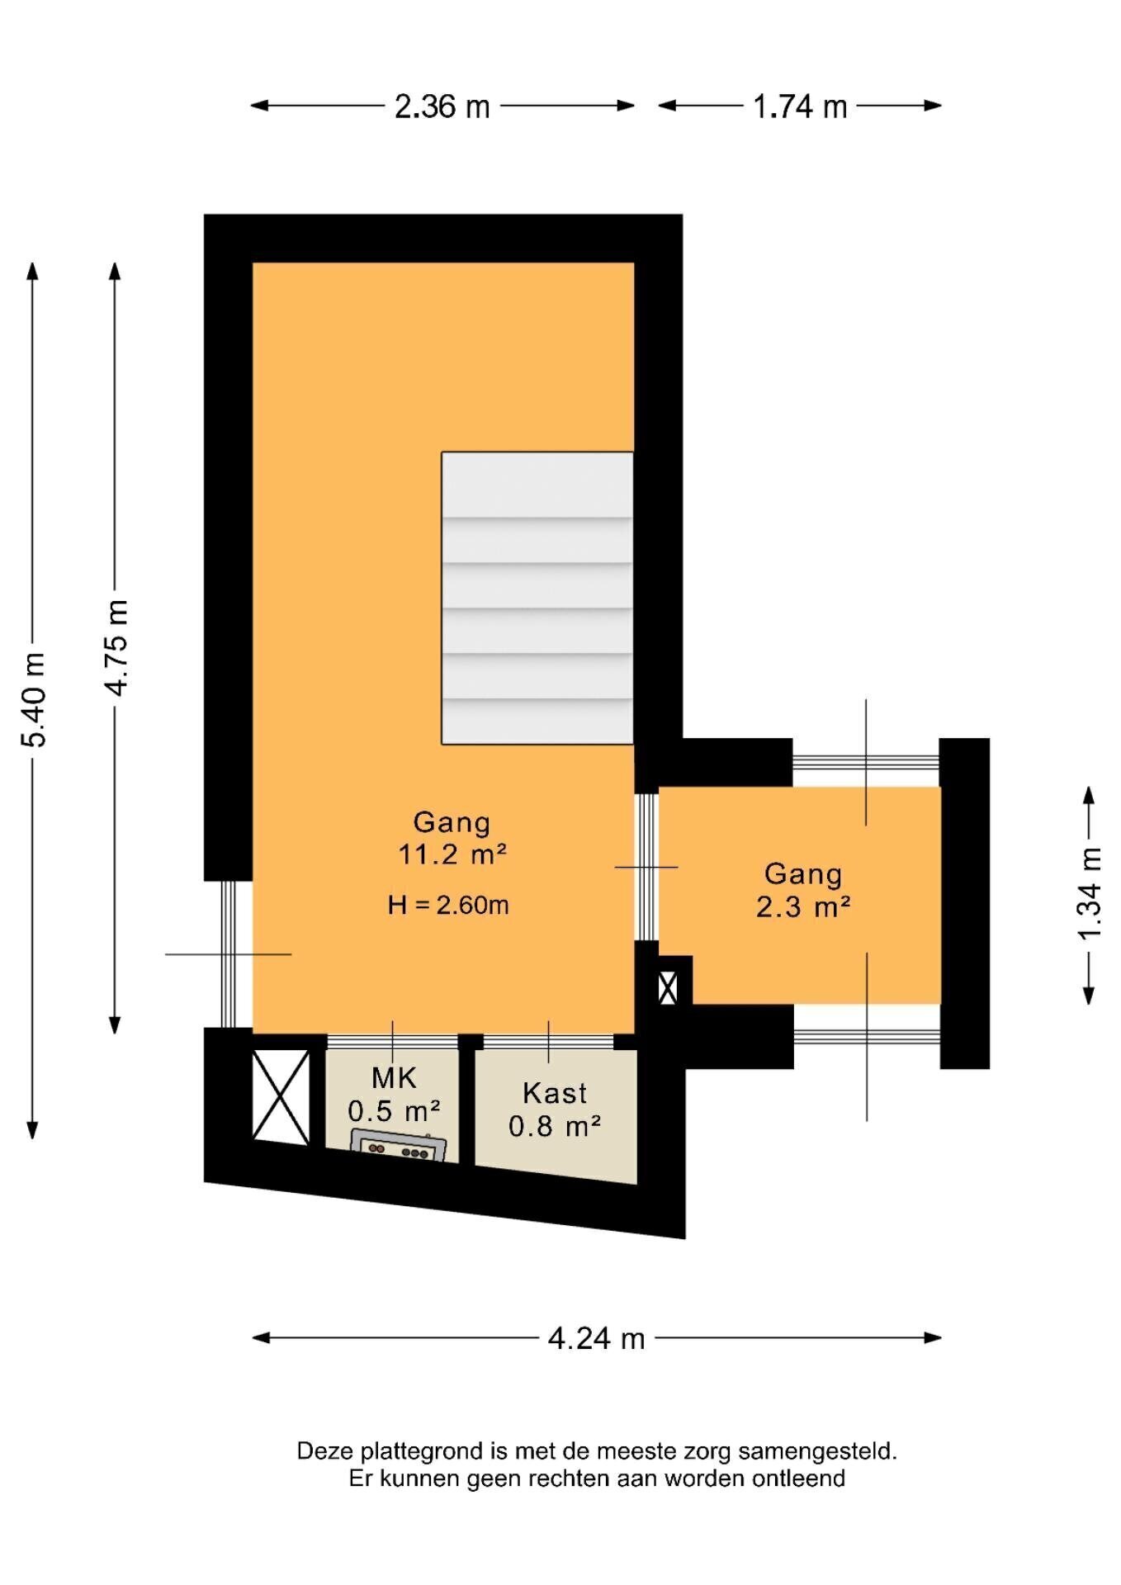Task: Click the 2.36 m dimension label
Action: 442,106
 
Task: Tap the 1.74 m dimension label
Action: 800,106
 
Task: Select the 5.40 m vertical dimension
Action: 33,700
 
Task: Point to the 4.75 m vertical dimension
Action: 116,648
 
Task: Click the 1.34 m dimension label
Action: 1090,894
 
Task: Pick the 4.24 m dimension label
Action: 596,1338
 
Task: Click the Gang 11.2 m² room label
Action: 452,838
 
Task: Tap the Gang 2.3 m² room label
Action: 803,890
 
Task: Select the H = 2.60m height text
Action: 448,906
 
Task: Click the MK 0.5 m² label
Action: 394,1095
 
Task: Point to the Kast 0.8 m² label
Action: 555,1109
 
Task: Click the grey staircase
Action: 537,598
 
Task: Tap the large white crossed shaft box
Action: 281,1097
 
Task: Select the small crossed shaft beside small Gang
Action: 668,988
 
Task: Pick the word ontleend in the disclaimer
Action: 798,1479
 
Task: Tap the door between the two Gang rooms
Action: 646,867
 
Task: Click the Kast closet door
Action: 549,1042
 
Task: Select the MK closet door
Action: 392,1042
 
